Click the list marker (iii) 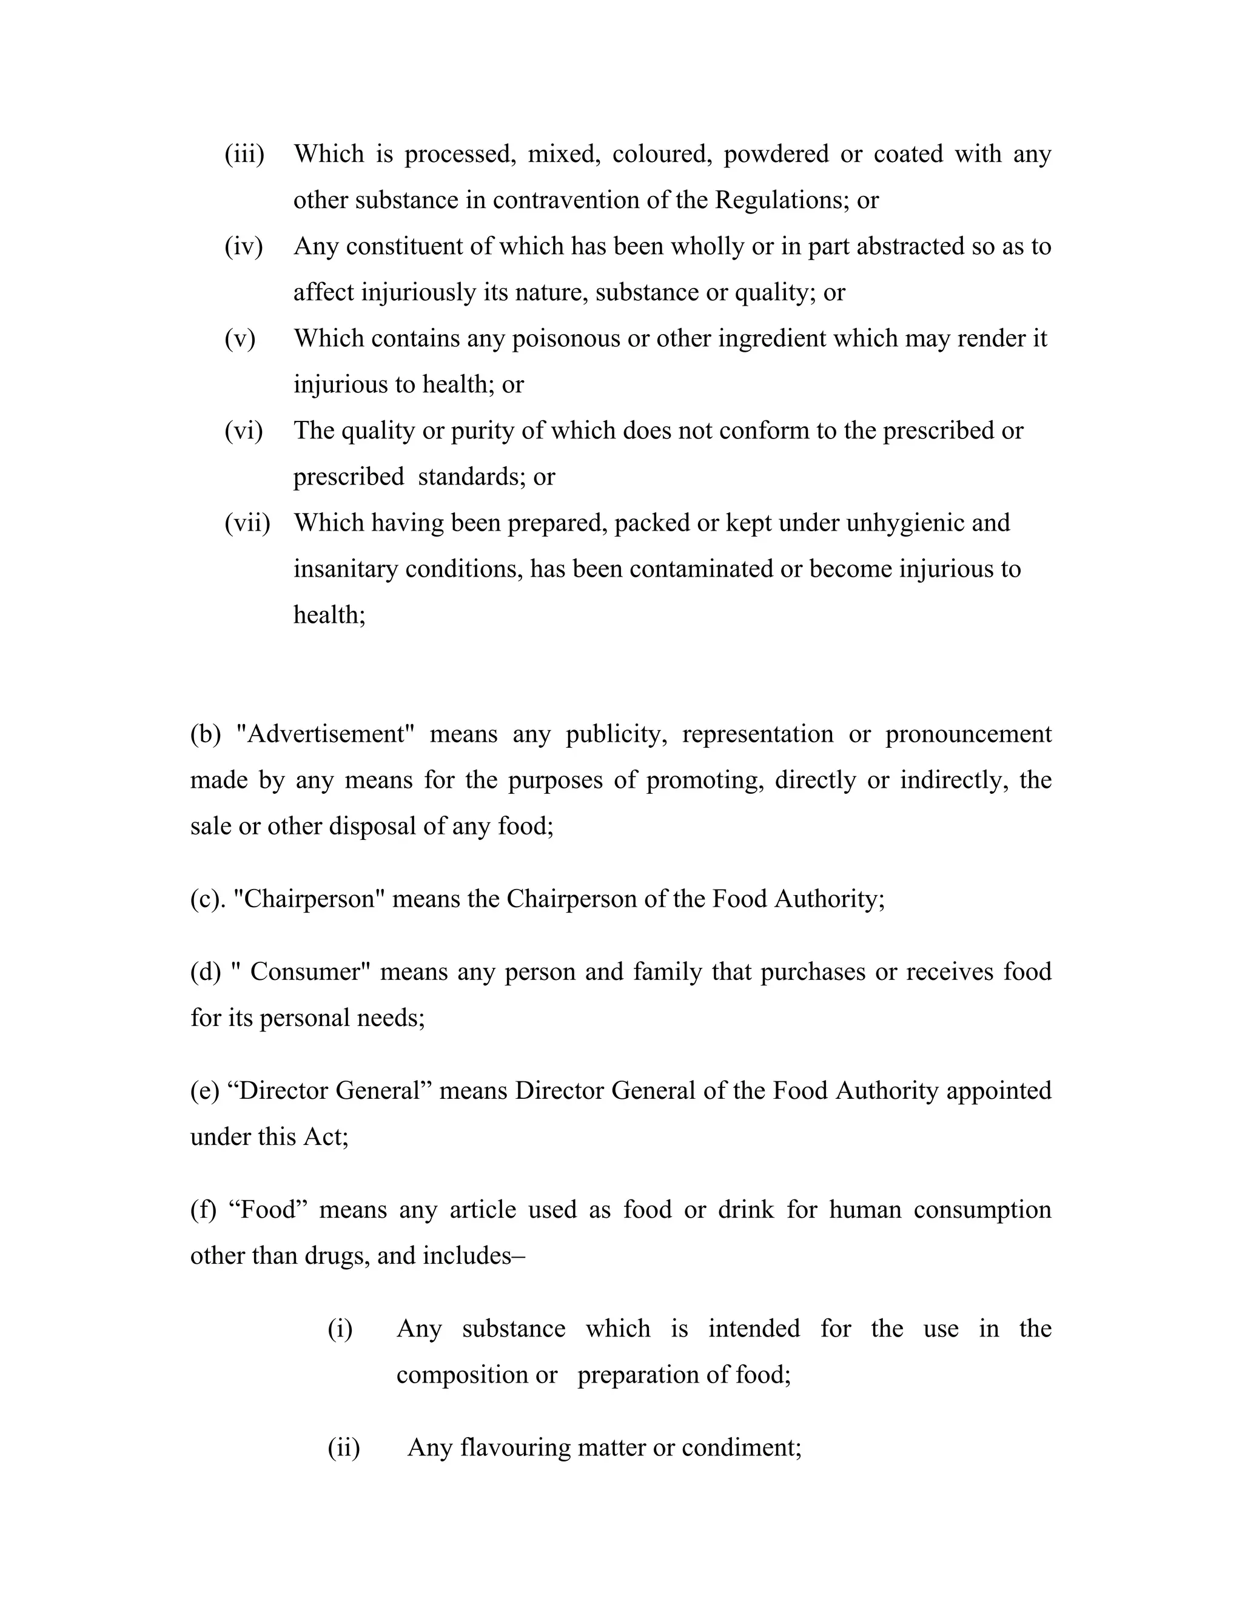(244, 155)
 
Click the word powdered (776, 155)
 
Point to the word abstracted (911, 246)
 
